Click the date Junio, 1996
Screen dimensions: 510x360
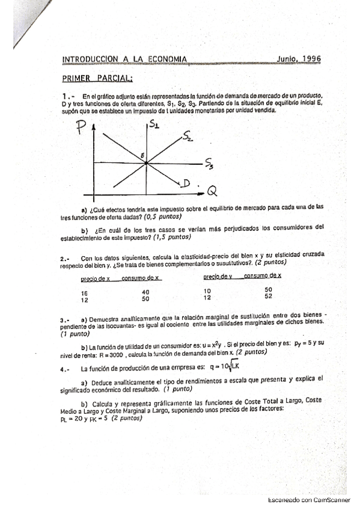tap(299, 59)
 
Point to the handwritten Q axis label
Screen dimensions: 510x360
tap(212, 191)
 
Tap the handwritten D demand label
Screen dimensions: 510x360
tap(188, 182)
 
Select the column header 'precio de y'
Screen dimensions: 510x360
tap(218, 277)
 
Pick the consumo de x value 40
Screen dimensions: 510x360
tap(145, 292)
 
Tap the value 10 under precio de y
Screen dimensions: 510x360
tap(208, 290)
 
